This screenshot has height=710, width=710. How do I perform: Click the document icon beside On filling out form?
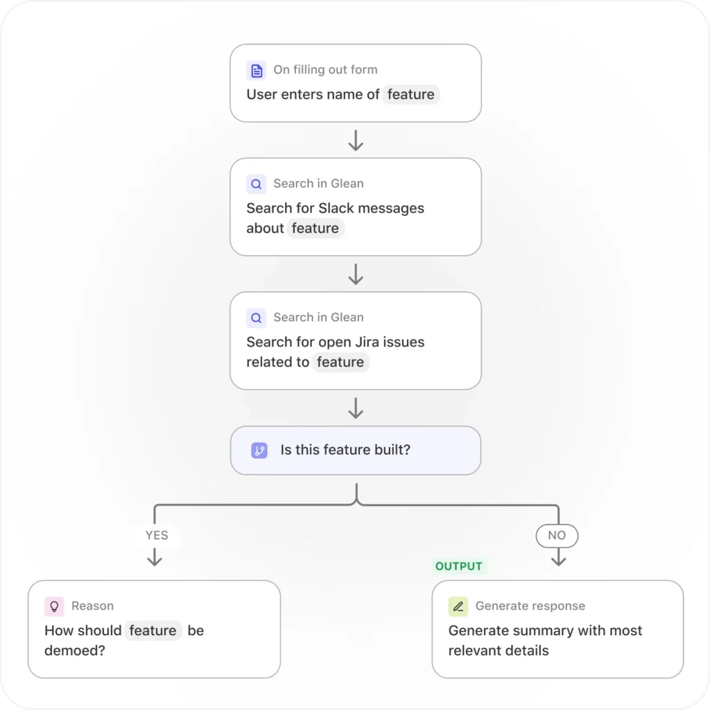tap(257, 71)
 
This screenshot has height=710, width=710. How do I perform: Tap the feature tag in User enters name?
tap(410, 94)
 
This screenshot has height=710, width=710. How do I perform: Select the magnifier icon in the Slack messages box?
tap(257, 184)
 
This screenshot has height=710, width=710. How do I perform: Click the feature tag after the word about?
tap(315, 228)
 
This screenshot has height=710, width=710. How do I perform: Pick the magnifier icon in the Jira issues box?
tap(257, 318)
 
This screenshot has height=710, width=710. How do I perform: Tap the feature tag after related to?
tap(340, 362)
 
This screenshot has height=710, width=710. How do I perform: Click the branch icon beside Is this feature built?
tap(259, 451)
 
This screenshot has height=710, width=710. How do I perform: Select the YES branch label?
tap(157, 535)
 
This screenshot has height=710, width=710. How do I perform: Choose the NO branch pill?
tap(557, 536)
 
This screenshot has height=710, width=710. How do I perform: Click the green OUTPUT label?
tap(459, 566)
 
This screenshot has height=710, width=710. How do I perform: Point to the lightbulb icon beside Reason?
tap(54, 607)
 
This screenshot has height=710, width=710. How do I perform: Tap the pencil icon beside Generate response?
tap(458, 607)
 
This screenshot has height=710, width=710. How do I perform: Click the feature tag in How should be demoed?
tap(153, 630)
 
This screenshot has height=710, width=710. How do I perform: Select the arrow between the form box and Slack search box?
tap(356, 140)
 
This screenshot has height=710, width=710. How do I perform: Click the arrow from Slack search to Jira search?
tap(356, 275)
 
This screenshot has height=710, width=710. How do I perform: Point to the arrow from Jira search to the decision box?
tap(356, 408)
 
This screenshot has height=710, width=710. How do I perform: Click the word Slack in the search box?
tap(336, 208)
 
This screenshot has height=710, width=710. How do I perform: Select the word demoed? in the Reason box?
tap(75, 650)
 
